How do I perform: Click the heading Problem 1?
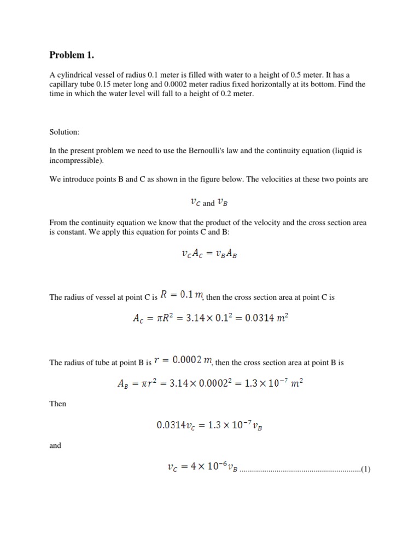[x=72, y=55]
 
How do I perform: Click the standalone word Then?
[x=58, y=404]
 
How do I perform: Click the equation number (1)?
[x=366, y=469]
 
